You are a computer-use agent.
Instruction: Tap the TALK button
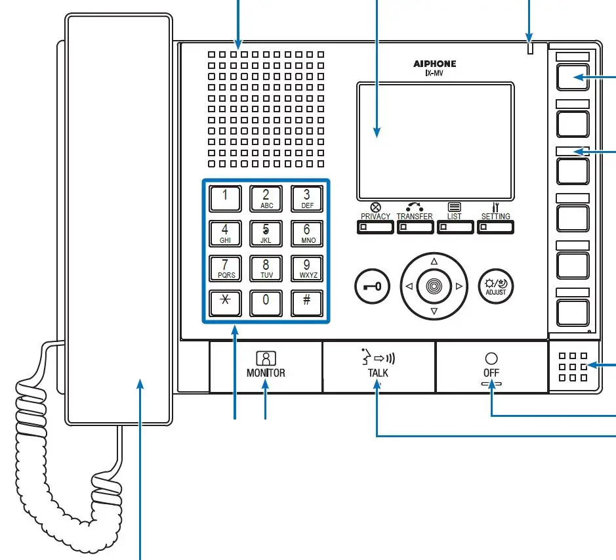[379, 366]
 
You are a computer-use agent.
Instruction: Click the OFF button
[491, 366]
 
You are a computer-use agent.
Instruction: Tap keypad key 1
[225, 198]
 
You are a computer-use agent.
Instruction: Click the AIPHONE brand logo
[434, 64]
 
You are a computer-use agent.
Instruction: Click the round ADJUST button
[497, 286]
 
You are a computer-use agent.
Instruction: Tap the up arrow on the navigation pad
[434, 261]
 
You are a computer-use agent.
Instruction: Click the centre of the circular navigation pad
[434, 286]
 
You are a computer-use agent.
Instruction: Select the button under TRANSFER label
[415, 227]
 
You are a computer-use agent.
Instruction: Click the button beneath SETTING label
[495, 227]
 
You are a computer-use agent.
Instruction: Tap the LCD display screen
[436, 141]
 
